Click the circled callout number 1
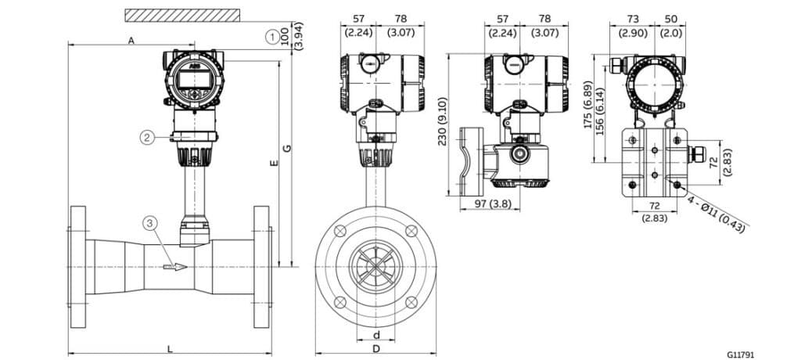(271, 36)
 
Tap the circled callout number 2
(147, 137)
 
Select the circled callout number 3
(151, 223)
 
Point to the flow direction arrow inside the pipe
(175, 267)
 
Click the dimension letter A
(131, 40)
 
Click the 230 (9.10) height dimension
(443, 124)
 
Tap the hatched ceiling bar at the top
(182, 15)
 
